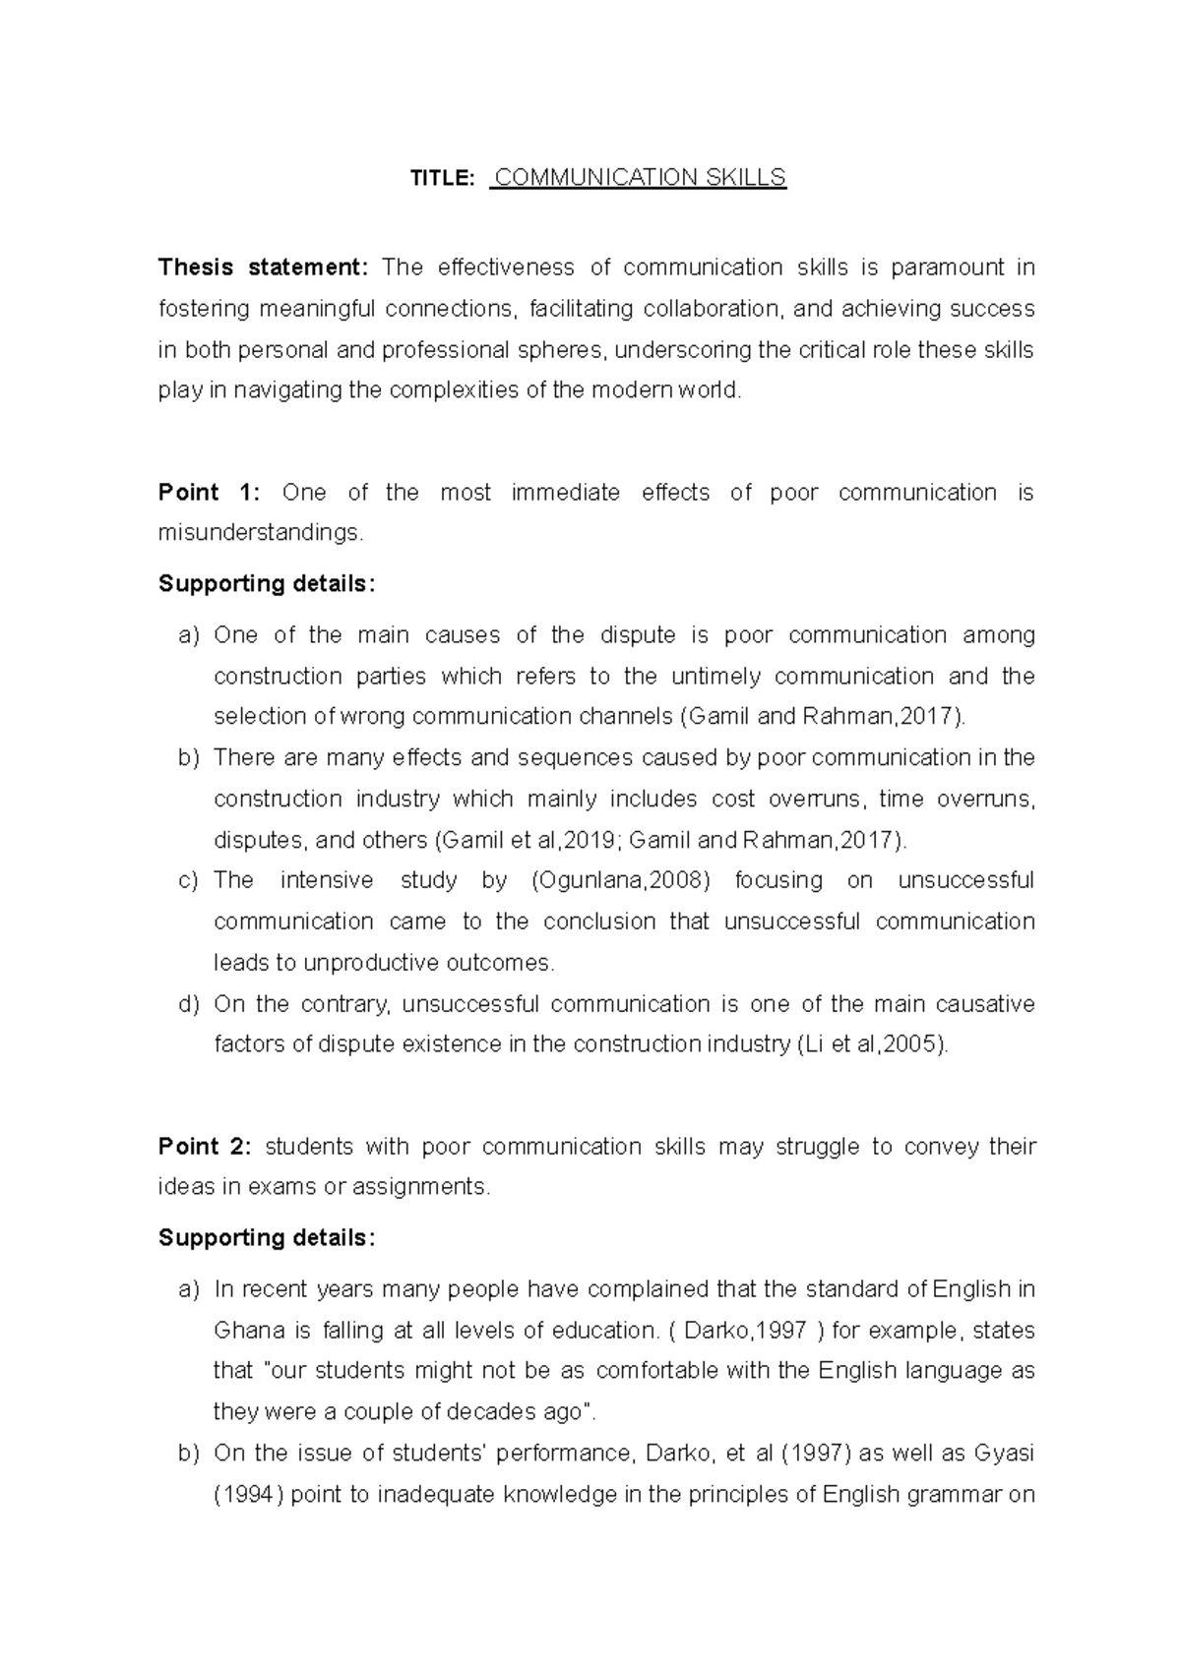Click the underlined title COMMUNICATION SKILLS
[640, 178]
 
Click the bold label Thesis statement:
[263, 268]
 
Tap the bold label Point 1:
[209, 493]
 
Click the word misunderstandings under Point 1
[260, 533]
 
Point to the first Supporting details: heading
[267, 584]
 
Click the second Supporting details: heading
[267, 1238]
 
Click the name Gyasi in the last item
[1004, 1454]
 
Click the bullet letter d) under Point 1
[188, 1004]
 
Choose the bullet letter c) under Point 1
[188, 880]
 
